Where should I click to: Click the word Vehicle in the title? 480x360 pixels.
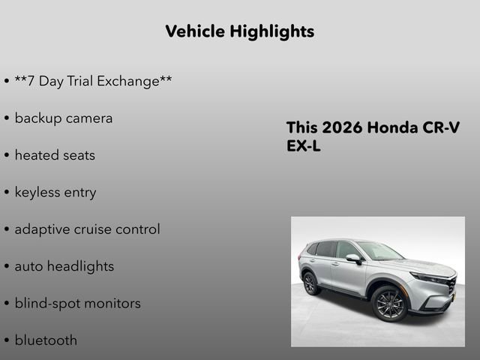(x=195, y=31)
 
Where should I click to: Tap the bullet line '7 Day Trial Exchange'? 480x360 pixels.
(x=93, y=80)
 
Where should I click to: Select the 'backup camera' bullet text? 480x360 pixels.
(x=63, y=118)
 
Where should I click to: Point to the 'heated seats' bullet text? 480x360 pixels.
(x=55, y=155)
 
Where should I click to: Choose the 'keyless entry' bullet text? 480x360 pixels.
(x=55, y=192)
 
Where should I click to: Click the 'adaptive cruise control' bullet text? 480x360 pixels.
(x=87, y=229)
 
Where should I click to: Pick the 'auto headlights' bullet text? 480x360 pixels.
(x=64, y=266)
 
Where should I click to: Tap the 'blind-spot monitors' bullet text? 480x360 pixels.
(x=77, y=303)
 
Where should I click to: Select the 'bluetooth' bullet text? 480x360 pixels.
(x=46, y=340)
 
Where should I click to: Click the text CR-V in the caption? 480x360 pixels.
(x=442, y=127)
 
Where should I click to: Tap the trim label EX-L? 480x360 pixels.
(x=304, y=146)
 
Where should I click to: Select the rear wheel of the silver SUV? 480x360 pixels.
(x=310, y=283)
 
